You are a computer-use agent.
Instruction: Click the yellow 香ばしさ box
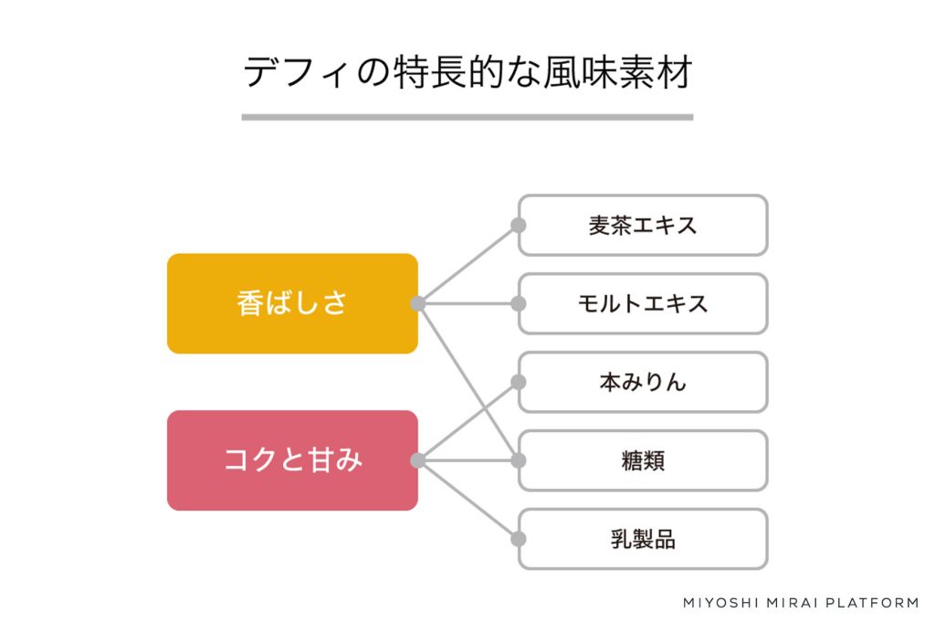(x=292, y=304)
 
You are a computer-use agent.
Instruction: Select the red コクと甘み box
(x=292, y=460)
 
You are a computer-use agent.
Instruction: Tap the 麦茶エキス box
(x=643, y=226)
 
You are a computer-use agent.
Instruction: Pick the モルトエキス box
(x=643, y=304)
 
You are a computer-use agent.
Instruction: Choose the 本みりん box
(x=643, y=382)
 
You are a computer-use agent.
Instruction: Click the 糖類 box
(x=643, y=460)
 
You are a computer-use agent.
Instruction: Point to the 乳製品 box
(x=643, y=539)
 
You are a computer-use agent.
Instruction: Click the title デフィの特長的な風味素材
(x=467, y=72)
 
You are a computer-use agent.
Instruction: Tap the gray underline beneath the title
(x=467, y=118)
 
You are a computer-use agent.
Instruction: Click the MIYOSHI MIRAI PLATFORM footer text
(x=801, y=603)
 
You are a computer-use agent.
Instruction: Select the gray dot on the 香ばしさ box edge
(x=418, y=304)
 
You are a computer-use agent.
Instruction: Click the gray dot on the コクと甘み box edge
(x=418, y=460)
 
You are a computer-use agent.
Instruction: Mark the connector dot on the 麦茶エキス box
(x=519, y=225)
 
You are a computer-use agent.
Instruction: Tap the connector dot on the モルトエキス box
(x=519, y=304)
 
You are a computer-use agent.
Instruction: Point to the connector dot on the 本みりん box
(x=519, y=382)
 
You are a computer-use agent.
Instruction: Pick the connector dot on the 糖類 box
(x=519, y=460)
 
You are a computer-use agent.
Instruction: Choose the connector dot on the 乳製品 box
(x=519, y=539)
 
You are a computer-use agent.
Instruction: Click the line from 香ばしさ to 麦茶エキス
(x=468, y=264)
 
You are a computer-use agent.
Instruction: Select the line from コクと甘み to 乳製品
(x=468, y=500)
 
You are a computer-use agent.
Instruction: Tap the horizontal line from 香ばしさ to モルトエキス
(x=468, y=304)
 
